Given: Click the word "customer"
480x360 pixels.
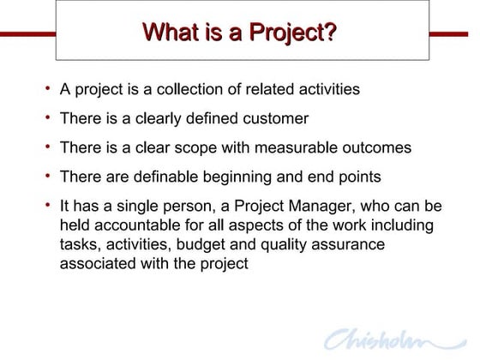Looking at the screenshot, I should [x=275, y=118].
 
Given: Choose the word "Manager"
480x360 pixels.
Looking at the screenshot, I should [x=325, y=207].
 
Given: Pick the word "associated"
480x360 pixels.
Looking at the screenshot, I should [x=99, y=263].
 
